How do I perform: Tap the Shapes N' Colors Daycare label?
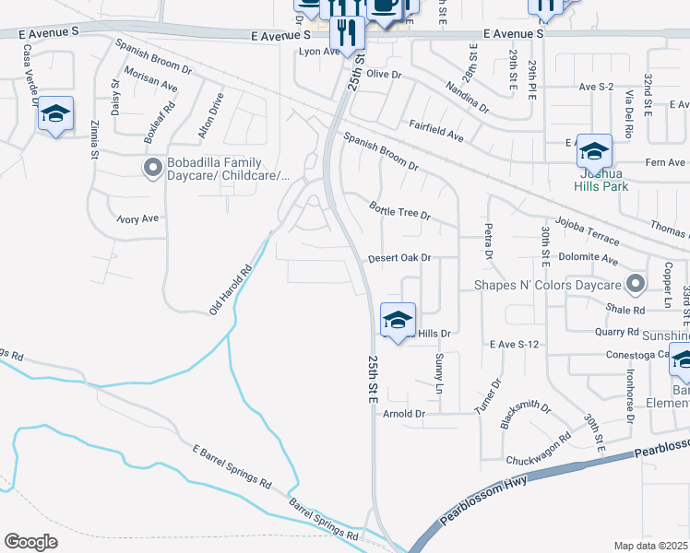548,284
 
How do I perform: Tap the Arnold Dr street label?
405,414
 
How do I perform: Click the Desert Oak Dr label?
399,259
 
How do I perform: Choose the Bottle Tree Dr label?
400,212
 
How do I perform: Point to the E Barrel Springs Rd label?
232,468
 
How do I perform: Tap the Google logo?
30,542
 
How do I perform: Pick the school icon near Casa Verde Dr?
56,114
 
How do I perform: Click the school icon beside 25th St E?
398,320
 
